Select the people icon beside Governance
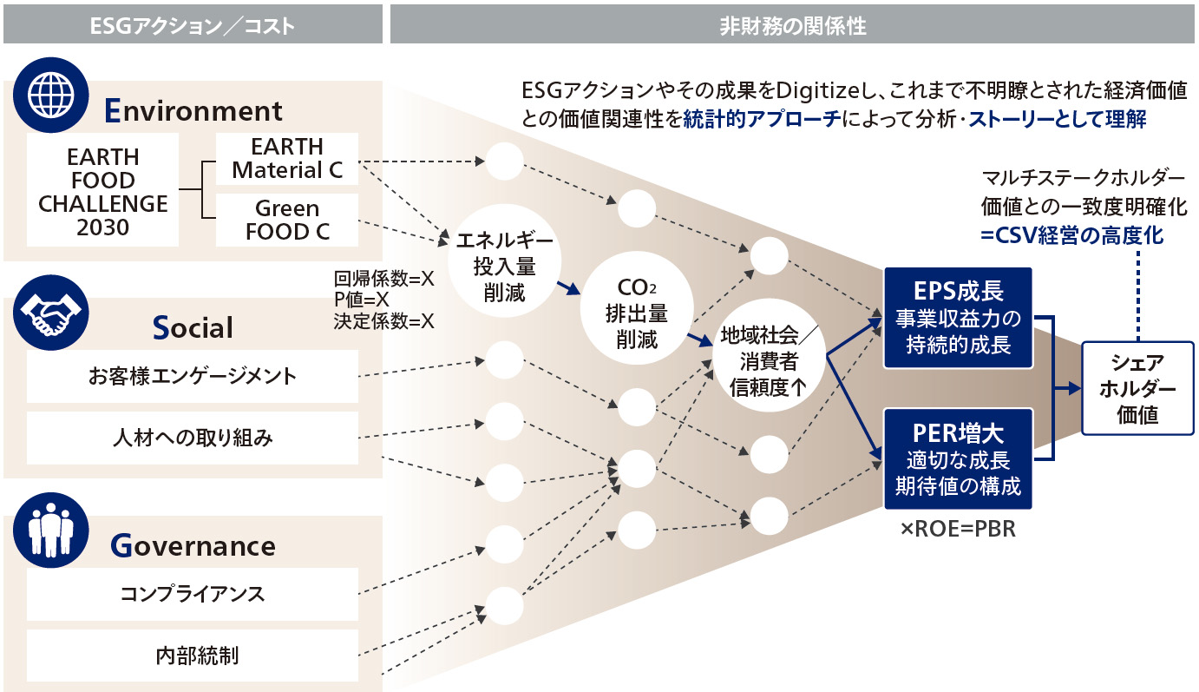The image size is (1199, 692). tap(52, 531)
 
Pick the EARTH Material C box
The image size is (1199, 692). tap(287, 158)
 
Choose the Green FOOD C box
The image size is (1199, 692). tap(287, 220)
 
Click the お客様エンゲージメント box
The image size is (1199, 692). tap(192, 376)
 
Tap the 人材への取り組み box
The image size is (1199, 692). tap(192, 438)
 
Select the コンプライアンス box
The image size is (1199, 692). tap(192, 594)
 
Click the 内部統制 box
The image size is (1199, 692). tap(192, 655)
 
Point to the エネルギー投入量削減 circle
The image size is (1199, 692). tap(504, 265)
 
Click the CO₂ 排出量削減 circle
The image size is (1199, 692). tap(636, 312)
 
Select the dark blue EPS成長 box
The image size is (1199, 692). tap(958, 318)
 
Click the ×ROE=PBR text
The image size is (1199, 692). tap(958, 529)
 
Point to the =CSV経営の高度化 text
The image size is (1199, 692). tap(1071, 234)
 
